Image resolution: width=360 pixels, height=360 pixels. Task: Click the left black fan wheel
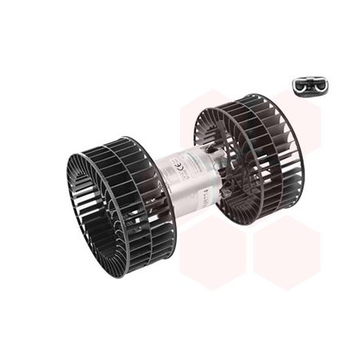119,205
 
